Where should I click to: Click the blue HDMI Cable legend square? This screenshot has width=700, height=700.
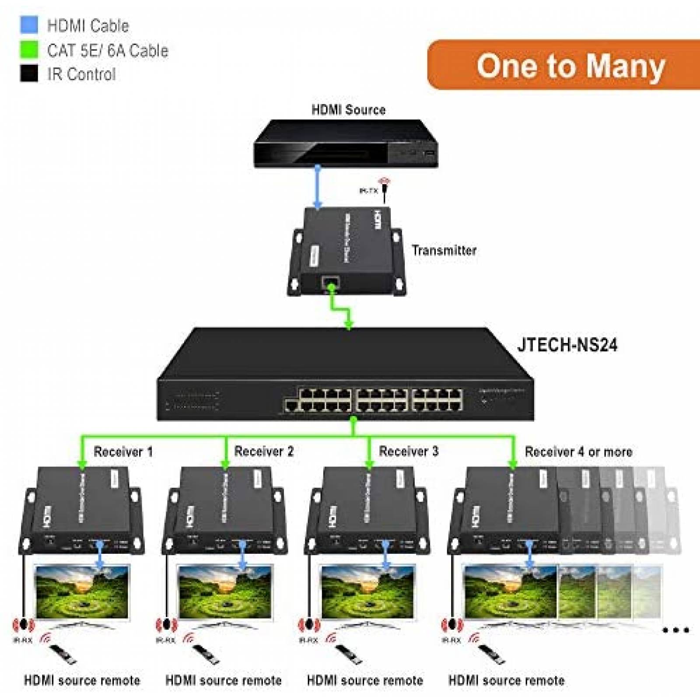tap(29, 25)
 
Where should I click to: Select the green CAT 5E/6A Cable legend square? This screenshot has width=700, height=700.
tap(29, 49)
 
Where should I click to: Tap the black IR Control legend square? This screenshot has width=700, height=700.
tap(29, 73)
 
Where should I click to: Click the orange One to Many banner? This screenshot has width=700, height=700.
tap(564, 66)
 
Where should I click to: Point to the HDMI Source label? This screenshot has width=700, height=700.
tap(348, 110)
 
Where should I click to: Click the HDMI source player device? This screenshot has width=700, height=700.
tap(346, 144)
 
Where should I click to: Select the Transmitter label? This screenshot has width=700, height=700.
tap(444, 250)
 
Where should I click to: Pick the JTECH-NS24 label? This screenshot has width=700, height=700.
tap(567, 345)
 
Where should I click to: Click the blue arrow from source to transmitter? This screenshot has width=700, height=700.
tap(318, 186)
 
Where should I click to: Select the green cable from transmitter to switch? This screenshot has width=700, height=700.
tap(341, 308)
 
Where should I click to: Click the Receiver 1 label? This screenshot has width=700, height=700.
tap(123, 451)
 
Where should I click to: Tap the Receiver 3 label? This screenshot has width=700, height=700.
tap(408, 451)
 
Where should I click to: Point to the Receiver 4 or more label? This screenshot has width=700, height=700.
tap(578, 451)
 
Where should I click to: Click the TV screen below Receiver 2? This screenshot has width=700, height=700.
tap(225, 592)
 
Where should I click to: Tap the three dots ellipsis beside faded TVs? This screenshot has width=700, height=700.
tap(675, 630)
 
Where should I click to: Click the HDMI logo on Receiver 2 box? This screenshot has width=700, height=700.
tap(189, 517)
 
